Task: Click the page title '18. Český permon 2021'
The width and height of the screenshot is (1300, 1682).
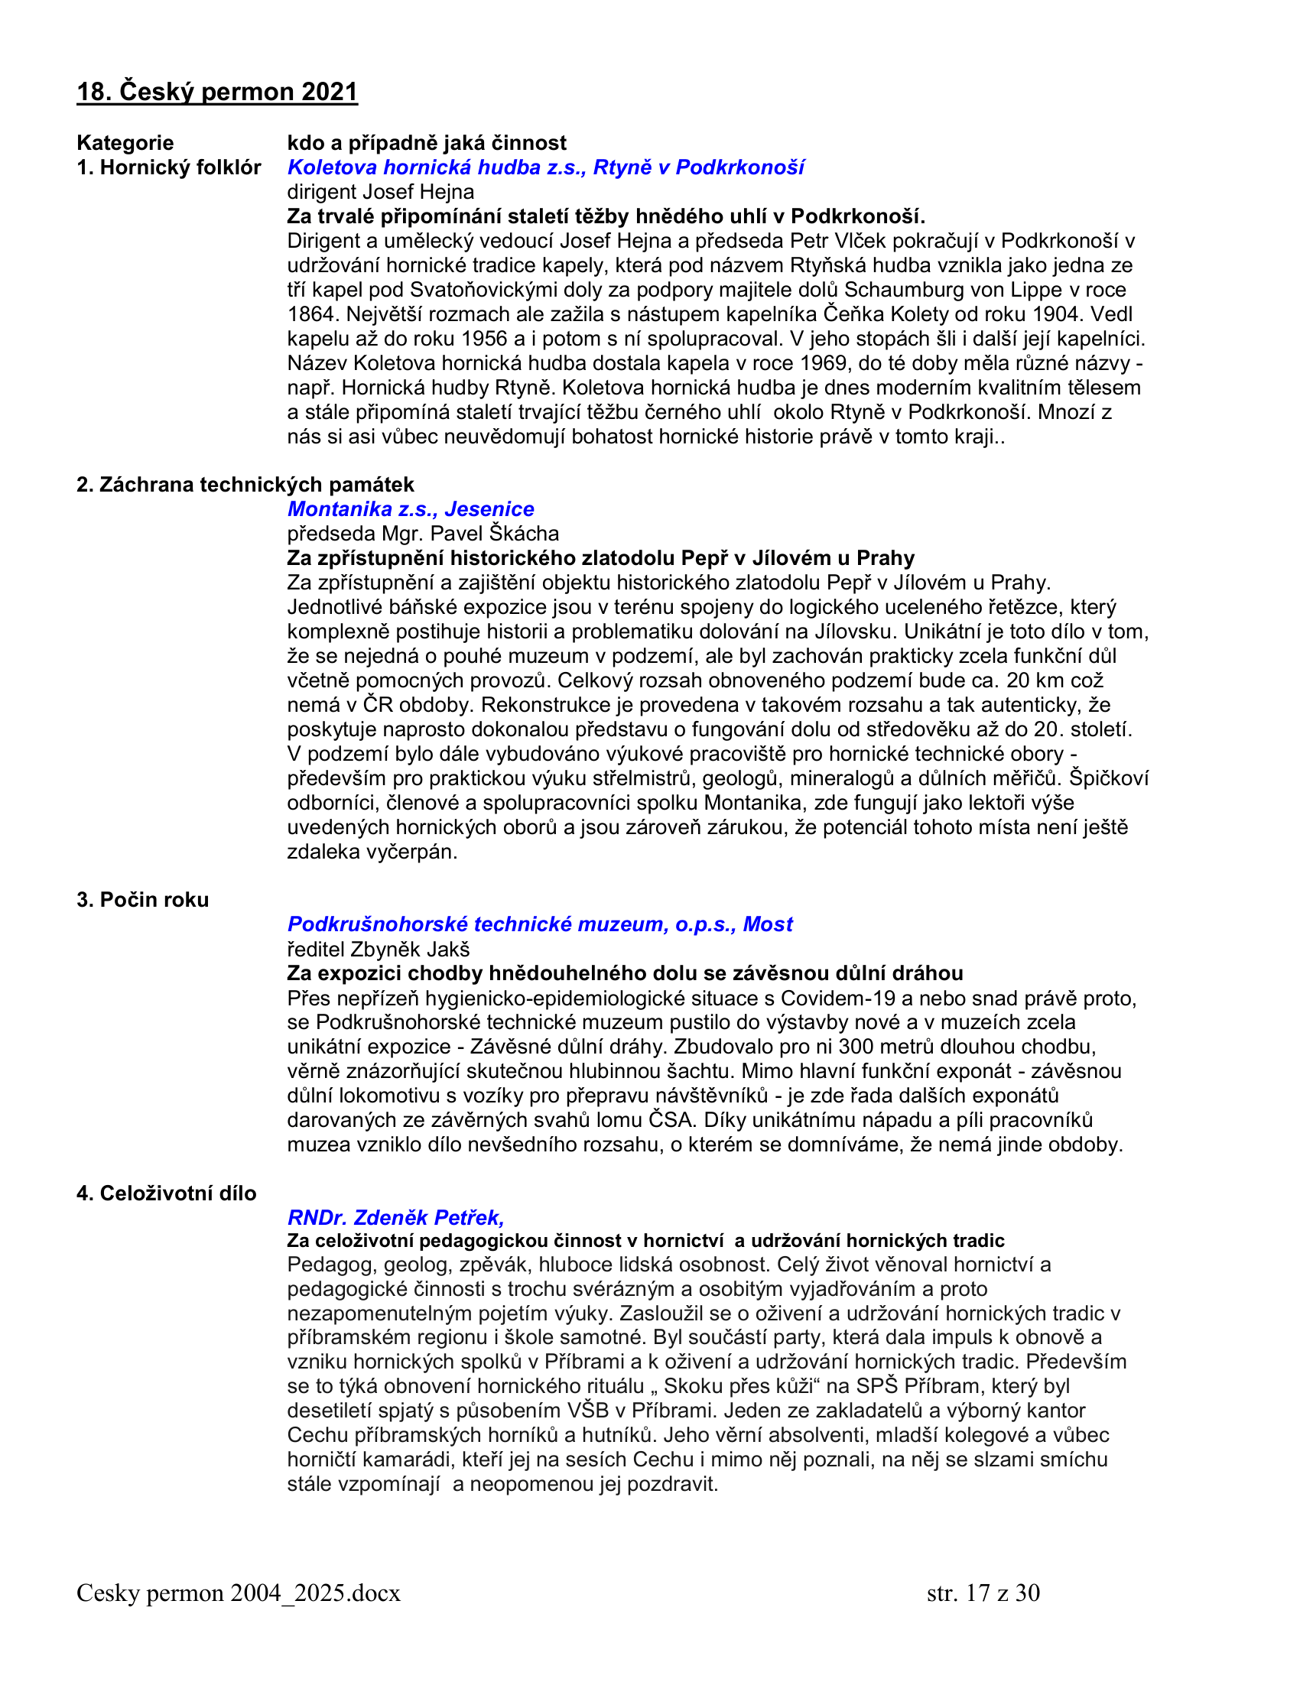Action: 217,92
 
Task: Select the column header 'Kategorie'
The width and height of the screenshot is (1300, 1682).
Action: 125,142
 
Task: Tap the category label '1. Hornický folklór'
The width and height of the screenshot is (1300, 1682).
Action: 169,167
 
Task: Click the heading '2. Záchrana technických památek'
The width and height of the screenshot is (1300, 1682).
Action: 245,485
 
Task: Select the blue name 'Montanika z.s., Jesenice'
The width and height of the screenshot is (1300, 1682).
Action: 411,509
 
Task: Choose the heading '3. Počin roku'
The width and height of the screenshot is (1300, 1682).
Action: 142,900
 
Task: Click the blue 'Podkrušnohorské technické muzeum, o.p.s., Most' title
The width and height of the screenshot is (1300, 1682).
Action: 540,924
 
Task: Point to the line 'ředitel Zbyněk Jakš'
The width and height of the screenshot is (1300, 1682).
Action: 378,949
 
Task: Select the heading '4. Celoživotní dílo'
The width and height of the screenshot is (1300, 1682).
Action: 167,1193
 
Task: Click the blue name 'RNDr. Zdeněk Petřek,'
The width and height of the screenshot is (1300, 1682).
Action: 396,1218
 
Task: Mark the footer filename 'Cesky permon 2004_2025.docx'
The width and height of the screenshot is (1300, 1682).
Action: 239,1593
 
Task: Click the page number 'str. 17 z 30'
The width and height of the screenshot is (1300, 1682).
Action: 983,1593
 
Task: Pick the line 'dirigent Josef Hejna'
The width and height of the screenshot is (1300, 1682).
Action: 381,192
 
